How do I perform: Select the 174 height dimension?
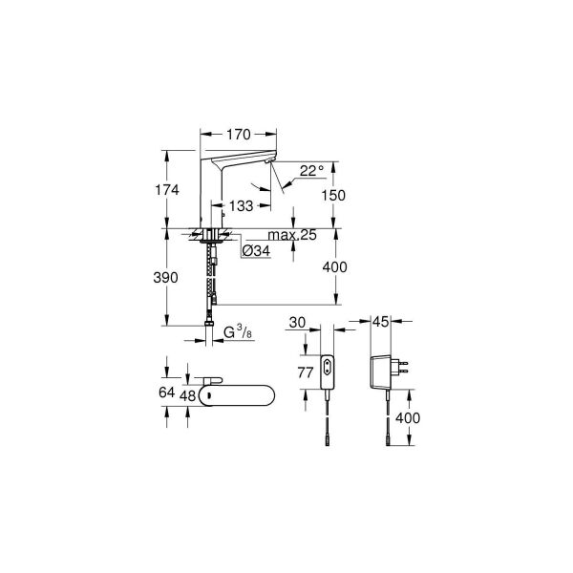(x=168, y=189)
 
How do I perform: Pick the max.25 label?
(x=292, y=235)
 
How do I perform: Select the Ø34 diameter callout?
(x=255, y=250)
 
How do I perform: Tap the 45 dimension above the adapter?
(x=381, y=323)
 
